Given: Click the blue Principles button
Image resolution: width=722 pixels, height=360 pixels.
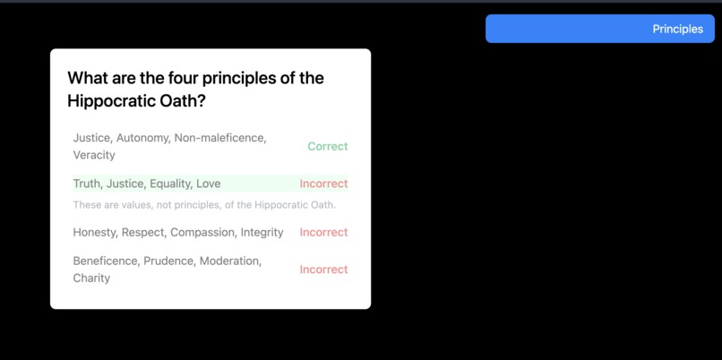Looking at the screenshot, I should pos(599,29).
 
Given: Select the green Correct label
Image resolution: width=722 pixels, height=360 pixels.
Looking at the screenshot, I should pos(327,146).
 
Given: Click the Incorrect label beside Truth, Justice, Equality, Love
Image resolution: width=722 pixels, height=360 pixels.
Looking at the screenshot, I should pos(323,184).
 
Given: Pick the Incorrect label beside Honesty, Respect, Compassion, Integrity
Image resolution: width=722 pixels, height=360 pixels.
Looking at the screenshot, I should pos(323,232).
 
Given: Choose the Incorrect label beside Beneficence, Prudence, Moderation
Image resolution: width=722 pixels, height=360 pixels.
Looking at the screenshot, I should pos(323,270).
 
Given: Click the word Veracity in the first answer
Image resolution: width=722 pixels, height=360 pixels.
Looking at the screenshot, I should pos(94,155).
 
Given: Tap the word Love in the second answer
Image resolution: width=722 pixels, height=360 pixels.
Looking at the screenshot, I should pos(208,184).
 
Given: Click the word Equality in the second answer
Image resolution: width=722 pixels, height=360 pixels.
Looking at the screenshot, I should pos(170,184).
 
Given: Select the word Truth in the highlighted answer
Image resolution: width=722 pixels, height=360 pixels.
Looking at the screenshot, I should pos(86,184).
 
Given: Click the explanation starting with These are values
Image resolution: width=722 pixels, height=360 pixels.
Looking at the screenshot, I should pos(204,205).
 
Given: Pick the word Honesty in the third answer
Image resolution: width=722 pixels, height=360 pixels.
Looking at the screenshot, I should pos(94,232).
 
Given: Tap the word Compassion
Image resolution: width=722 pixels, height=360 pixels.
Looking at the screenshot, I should pos(202,232).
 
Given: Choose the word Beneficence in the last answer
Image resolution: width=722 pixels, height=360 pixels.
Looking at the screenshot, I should pos(105,261).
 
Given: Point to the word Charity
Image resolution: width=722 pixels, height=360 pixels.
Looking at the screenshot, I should pos(91,278).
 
